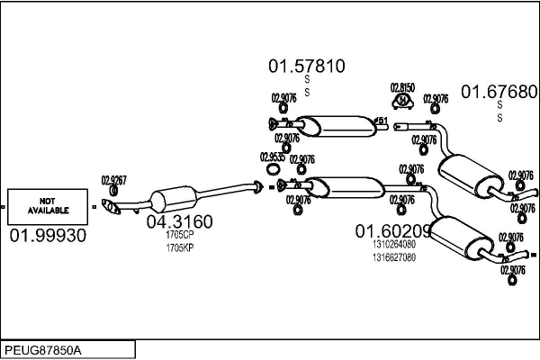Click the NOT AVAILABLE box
[x=49, y=205]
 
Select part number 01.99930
[x=49, y=236]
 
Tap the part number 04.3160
[x=180, y=222]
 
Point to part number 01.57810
[x=307, y=66]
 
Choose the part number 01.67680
[x=499, y=92]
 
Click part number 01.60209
[x=393, y=230]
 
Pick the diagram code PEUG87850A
[x=43, y=348]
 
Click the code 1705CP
[x=180, y=236]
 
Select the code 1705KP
[x=180, y=247]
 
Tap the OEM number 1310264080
[x=393, y=244]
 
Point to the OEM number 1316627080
[x=393, y=256]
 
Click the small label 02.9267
[x=113, y=179]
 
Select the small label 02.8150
[x=401, y=87]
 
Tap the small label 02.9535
[x=273, y=157]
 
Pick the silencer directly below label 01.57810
[x=334, y=125]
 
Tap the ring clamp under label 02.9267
[x=113, y=191]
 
